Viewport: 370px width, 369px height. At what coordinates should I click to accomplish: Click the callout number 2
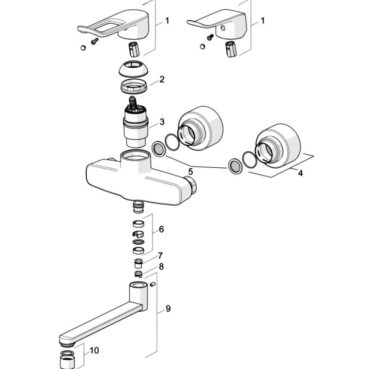[x=162, y=79]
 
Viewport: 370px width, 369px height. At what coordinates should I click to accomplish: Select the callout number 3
[x=162, y=122]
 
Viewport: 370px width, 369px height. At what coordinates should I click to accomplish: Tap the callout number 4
[x=300, y=173]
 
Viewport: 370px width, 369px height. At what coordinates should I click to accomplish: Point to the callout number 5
[x=190, y=171]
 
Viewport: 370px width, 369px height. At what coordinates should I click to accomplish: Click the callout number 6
[x=161, y=229]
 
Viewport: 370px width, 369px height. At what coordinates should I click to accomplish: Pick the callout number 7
[x=160, y=255]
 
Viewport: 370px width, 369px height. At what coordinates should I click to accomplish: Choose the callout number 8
[x=161, y=266]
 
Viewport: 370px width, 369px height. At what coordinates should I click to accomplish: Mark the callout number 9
[x=168, y=308]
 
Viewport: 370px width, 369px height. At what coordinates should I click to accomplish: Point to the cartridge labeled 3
[x=134, y=123]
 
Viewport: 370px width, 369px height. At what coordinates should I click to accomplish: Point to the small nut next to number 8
[x=137, y=274]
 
